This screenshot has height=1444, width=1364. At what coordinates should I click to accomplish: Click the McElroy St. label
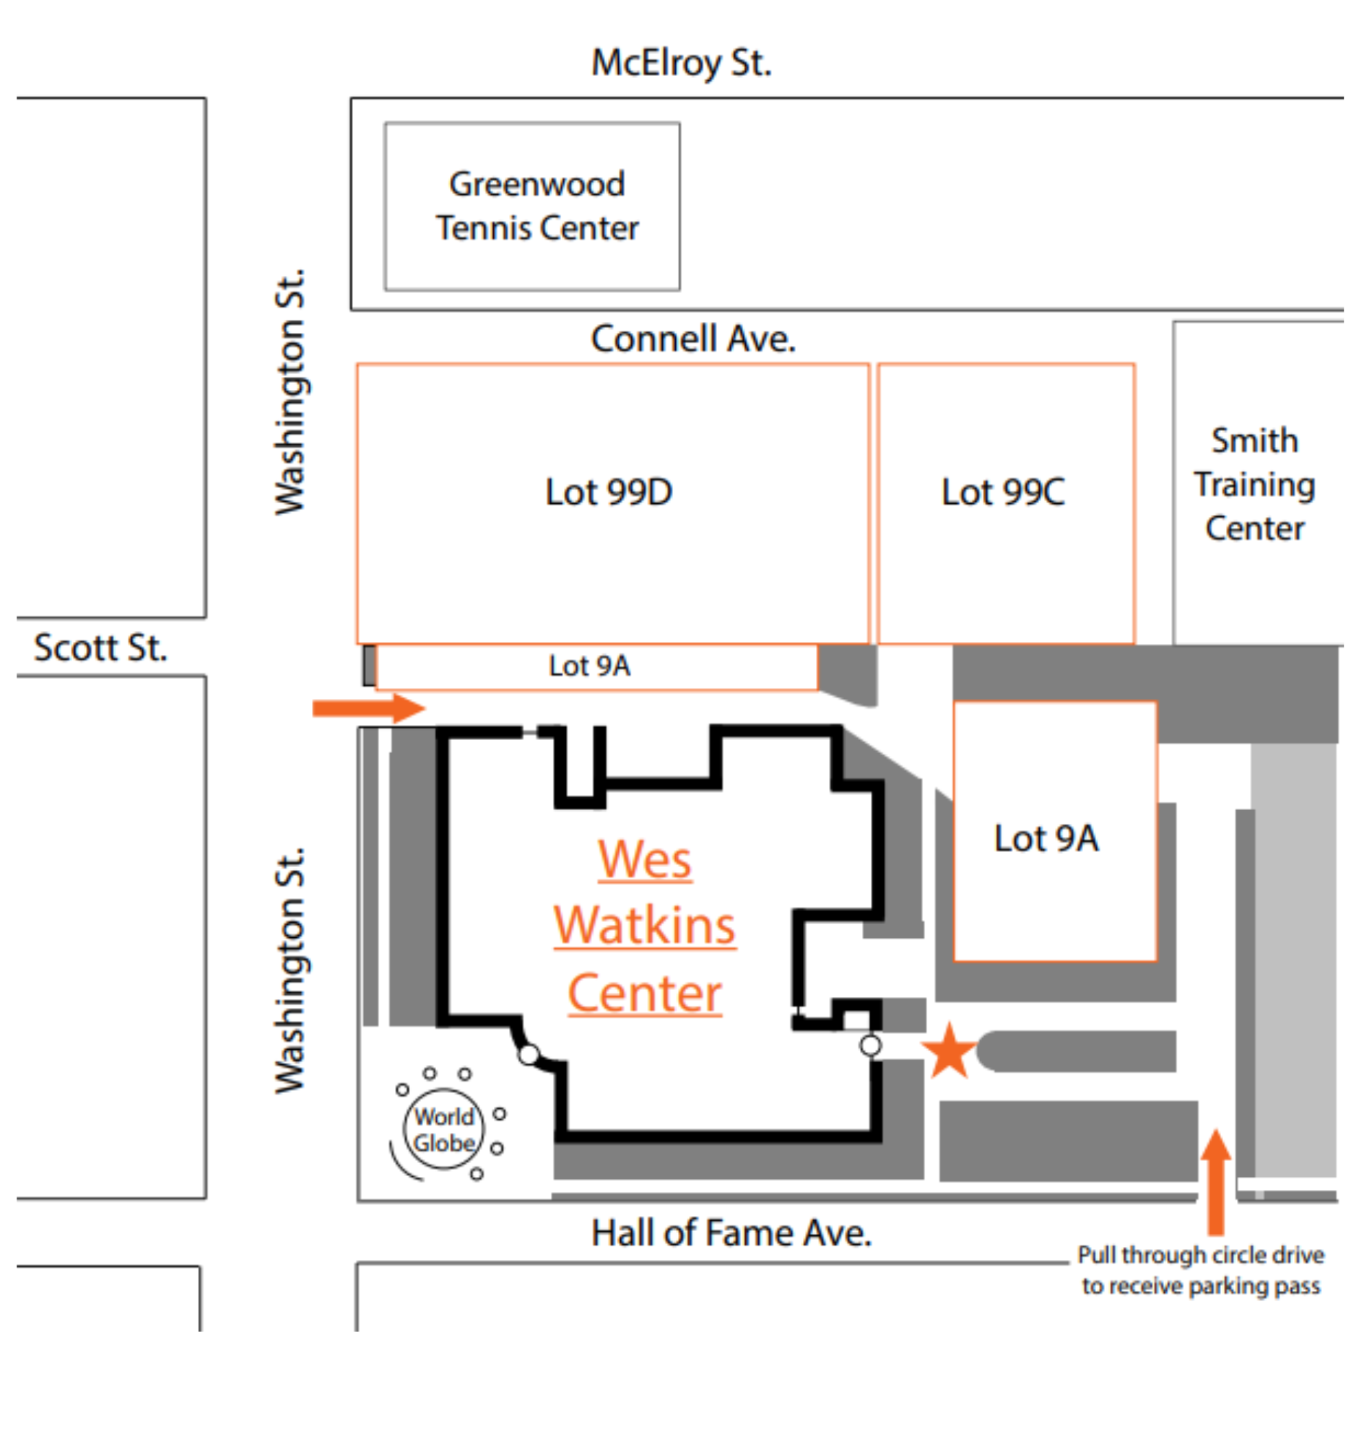pos(680,63)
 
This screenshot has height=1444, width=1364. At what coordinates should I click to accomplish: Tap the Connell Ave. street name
pos(693,339)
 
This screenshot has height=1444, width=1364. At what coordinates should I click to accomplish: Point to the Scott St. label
pos(100,648)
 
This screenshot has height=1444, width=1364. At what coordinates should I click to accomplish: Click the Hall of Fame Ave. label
pos(731,1234)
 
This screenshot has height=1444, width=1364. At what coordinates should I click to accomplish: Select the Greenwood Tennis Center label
pos(537,206)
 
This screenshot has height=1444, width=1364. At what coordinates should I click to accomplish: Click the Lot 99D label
pos(609,492)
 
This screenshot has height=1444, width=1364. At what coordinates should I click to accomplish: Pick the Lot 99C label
pos(1003,492)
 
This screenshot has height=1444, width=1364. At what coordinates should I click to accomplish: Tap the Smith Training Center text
pos(1254,484)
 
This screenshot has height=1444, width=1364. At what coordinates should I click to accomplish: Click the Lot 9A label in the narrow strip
pos(589,666)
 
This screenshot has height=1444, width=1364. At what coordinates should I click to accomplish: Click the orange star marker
pos(949,1051)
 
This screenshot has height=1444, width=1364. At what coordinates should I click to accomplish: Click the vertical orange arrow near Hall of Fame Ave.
pos(1216,1181)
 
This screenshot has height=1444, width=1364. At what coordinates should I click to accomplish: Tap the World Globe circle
pos(443,1129)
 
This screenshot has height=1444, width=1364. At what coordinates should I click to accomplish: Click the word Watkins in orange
pos(644,926)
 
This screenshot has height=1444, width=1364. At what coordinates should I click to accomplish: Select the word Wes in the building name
pos(644,859)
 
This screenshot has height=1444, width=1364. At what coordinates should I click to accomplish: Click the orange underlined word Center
pos(644,993)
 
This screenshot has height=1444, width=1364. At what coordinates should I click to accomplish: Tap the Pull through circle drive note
pos(1200,1270)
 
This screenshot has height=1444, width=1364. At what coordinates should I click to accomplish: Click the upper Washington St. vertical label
pos(290,393)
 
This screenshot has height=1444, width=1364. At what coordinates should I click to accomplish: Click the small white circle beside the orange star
pos(870,1045)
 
